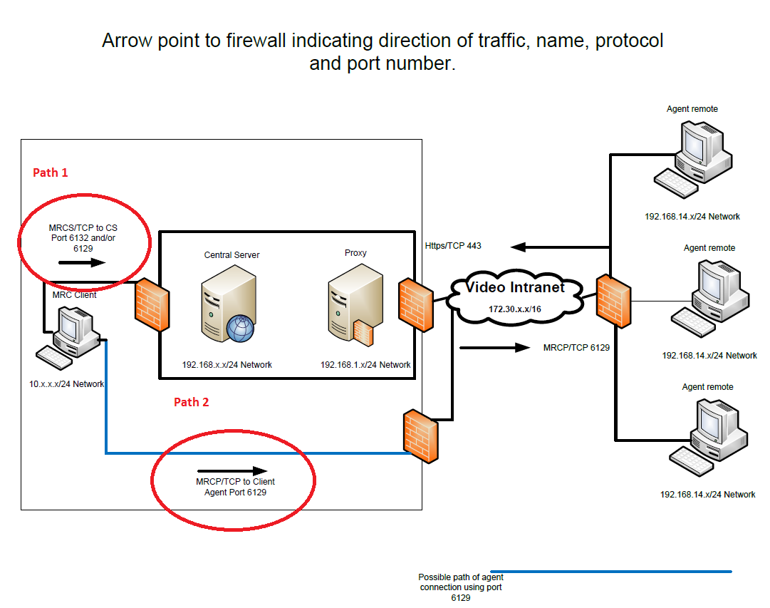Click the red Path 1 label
(51, 172)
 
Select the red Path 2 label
(192, 402)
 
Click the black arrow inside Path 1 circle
(81, 262)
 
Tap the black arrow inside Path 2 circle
(231, 470)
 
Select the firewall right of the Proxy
(415, 303)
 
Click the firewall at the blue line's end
(420, 436)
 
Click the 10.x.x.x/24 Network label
(66, 383)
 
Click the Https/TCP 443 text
(453, 246)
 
